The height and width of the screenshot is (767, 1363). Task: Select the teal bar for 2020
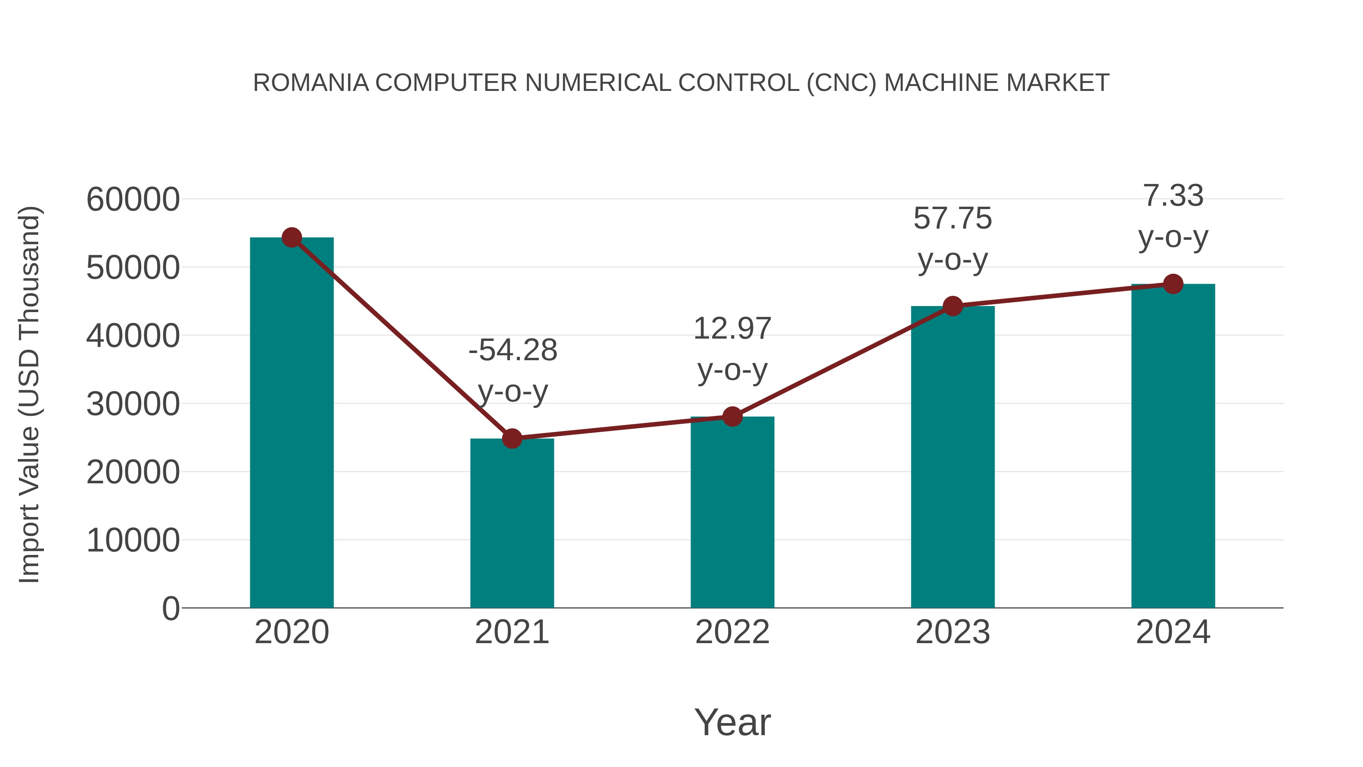[292, 423]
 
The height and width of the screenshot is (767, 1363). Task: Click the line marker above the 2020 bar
[292, 237]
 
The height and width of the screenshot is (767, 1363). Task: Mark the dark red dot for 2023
[953, 306]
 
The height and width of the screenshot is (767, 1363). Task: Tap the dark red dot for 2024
[1173, 284]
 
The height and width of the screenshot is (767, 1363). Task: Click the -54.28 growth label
[513, 350]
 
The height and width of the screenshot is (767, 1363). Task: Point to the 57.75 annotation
[953, 219]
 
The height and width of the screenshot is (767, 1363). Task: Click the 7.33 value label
[1173, 196]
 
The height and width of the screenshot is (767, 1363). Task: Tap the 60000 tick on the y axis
[133, 200]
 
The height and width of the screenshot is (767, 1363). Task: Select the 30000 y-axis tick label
[133, 405]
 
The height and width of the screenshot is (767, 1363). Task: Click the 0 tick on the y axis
[170, 609]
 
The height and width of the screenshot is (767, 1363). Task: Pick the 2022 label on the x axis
[732, 632]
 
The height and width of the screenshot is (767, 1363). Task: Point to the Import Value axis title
[30, 394]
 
